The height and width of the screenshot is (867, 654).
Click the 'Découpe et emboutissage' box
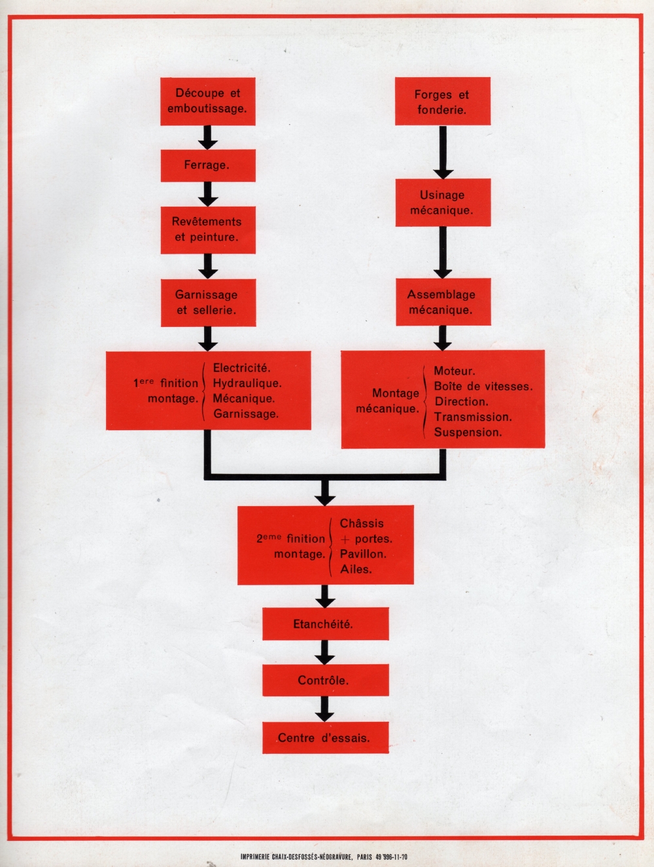(x=207, y=101)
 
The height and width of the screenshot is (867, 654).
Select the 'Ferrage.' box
(x=207, y=165)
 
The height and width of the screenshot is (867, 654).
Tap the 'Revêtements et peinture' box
(x=207, y=229)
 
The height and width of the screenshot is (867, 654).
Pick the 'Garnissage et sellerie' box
(x=207, y=303)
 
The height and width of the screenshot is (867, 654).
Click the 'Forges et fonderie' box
(x=442, y=102)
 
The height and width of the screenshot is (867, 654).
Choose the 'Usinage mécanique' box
(x=442, y=203)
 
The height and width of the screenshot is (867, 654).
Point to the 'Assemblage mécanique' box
(x=442, y=302)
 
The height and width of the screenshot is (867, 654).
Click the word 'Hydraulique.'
(x=247, y=384)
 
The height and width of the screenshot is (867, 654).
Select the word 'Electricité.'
(x=242, y=369)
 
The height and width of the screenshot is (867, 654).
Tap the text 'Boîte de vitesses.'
(x=483, y=386)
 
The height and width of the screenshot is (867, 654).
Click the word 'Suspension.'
(x=468, y=432)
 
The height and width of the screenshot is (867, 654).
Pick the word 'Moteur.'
(x=455, y=371)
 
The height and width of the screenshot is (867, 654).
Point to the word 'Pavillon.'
(x=363, y=554)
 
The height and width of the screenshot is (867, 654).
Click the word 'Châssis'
(x=362, y=524)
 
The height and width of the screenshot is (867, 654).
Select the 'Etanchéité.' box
(x=325, y=624)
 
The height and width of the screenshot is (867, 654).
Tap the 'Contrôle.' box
(x=325, y=681)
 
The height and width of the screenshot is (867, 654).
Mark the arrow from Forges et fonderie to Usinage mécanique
(x=443, y=152)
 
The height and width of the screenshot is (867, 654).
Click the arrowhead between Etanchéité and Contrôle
(x=325, y=658)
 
